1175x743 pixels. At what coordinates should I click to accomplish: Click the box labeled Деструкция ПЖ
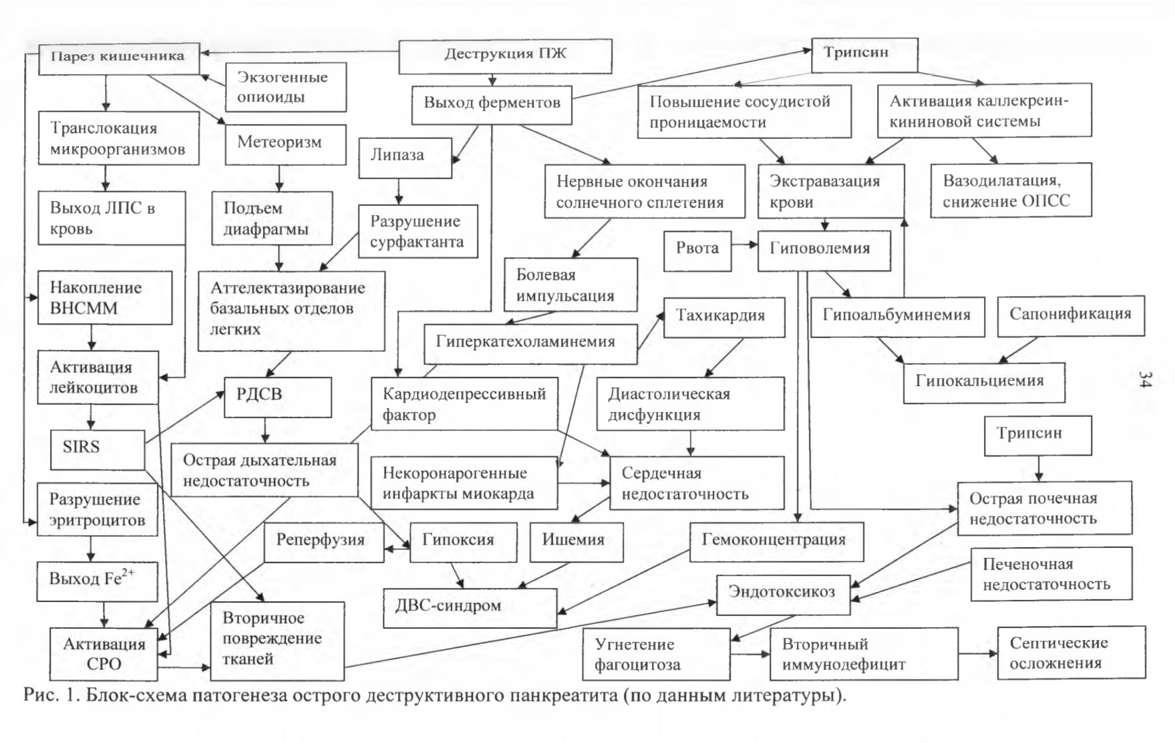(505, 56)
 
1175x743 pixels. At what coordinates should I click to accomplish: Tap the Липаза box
(405, 158)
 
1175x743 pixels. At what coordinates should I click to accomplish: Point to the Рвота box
(697, 251)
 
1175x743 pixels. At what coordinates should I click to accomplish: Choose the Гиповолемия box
(824, 251)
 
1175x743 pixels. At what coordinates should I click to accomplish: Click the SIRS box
(98, 449)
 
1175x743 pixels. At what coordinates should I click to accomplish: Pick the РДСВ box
(278, 397)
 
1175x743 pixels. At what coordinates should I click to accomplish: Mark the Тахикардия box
(724, 317)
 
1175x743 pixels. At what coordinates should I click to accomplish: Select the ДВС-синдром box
(470, 607)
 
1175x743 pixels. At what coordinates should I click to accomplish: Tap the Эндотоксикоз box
(784, 594)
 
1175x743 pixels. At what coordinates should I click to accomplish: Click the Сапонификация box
(1071, 316)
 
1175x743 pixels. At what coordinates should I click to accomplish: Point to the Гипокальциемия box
(984, 383)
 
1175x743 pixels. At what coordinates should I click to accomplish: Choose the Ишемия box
(576, 541)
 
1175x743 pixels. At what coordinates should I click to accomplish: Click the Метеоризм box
(285, 144)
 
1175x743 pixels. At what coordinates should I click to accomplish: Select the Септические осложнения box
(1071, 653)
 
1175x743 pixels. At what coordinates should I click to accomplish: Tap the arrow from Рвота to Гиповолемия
(744, 245)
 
